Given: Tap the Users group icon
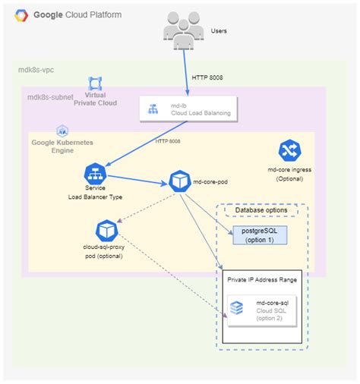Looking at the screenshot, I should click(x=182, y=31).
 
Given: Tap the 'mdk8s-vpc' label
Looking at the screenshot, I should click(x=36, y=70).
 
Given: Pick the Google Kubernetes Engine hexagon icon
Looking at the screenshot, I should click(x=62, y=131).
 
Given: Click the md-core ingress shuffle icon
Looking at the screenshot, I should click(x=289, y=150).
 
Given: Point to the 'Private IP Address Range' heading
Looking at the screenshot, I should click(x=262, y=279).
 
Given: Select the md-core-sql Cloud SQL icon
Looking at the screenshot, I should click(x=237, y=307).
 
